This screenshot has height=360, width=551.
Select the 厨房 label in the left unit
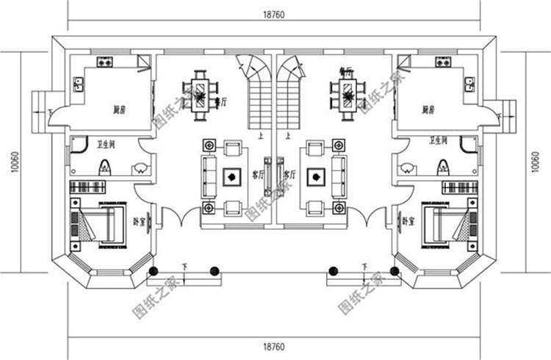(x=120, y=110)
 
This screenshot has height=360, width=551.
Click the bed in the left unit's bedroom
(x=109, y=223)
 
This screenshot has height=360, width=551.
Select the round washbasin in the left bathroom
(x=140, y=170)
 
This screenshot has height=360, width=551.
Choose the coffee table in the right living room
(x=317, y=176)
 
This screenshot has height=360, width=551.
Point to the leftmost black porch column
(x=154, y=272)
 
